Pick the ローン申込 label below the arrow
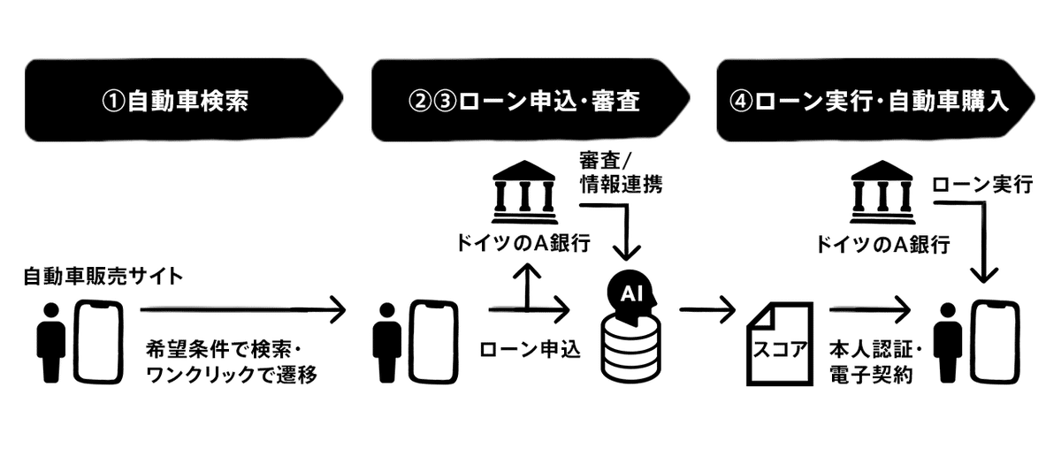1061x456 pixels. (x=529, y=350)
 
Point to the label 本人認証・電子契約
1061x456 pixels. (x=870, y=361)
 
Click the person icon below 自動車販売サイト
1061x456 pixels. (x=50, y=343)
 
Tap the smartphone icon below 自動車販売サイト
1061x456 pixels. (x=97, y=342)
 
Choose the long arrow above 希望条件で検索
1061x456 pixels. (x=242, y=309)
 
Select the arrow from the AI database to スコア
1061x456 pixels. (x=707, y=309)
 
